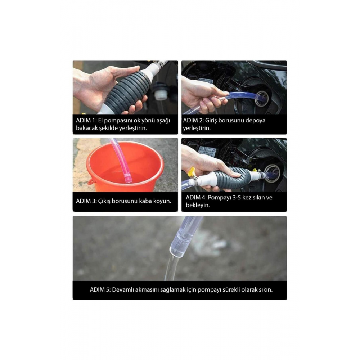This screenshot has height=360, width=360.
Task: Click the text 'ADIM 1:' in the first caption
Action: click(86, 121)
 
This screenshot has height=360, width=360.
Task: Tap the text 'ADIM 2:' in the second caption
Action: click(193, 121)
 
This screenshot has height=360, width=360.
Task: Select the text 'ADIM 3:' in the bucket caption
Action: click(86, 201)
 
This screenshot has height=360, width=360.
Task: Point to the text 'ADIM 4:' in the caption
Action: click(195, 198)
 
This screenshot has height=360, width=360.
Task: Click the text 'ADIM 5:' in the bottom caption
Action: click(100, 289)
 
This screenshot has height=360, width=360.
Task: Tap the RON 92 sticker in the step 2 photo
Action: click(205, 81)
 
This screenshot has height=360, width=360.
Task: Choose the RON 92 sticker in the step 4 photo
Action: click(207, 152)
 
